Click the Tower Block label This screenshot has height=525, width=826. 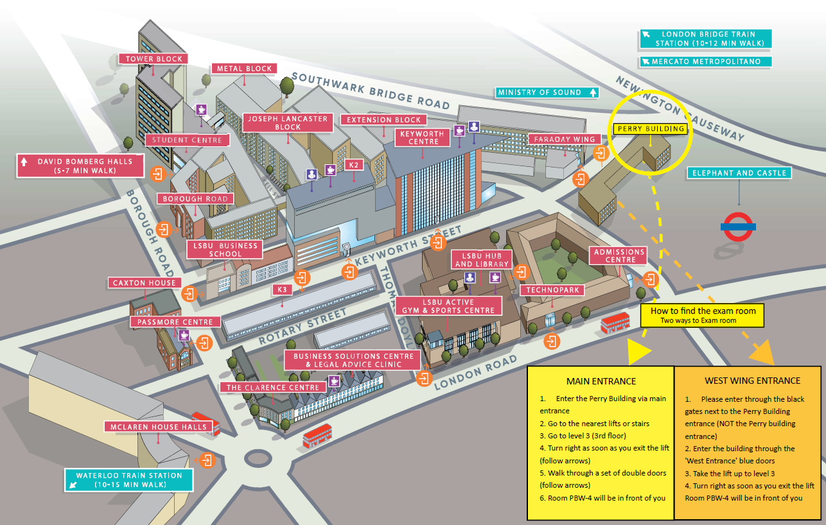pyautogui.click(x=154, y=58)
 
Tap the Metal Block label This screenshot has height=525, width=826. pyautogui.click(x=244, y=69)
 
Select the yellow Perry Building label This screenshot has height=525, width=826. pyautogui.click(x=651, y=129)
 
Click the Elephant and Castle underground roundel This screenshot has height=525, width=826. pyautogui.click(x=738, y=226)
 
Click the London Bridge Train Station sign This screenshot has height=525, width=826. pyautogui.click(x=705, y=39)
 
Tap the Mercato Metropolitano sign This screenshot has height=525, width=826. pyautogui.click(x=705, y=62)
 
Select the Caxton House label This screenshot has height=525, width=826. pyautogui.click(x=144, y=283)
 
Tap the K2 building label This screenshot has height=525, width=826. pyautogui.click(x=354, y=165)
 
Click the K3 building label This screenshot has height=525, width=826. pyautogui.click(x=282, y=289)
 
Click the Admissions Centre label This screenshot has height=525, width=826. pyautogui.click(x=620, y=255)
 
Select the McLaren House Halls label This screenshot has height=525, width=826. pyautogui.click(x=157, y=427)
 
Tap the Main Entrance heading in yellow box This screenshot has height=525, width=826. pyautogui.click(x=601, y=381)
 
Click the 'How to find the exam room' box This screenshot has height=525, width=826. pyautogui.click(x=702, y=314)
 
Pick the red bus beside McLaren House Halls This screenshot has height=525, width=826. pyautogui.click(x=206, y=423)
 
